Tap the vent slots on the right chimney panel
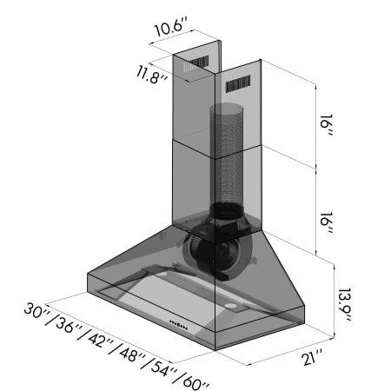point(239,85)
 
